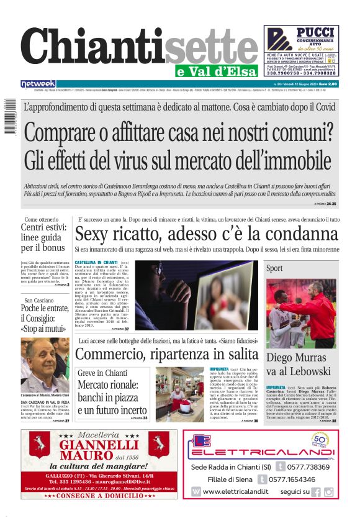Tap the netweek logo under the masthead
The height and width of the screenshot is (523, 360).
tap(38, 84)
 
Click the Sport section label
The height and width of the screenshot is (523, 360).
tap(274, 268)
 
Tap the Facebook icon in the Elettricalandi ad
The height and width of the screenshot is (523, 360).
tap(316, 492)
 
